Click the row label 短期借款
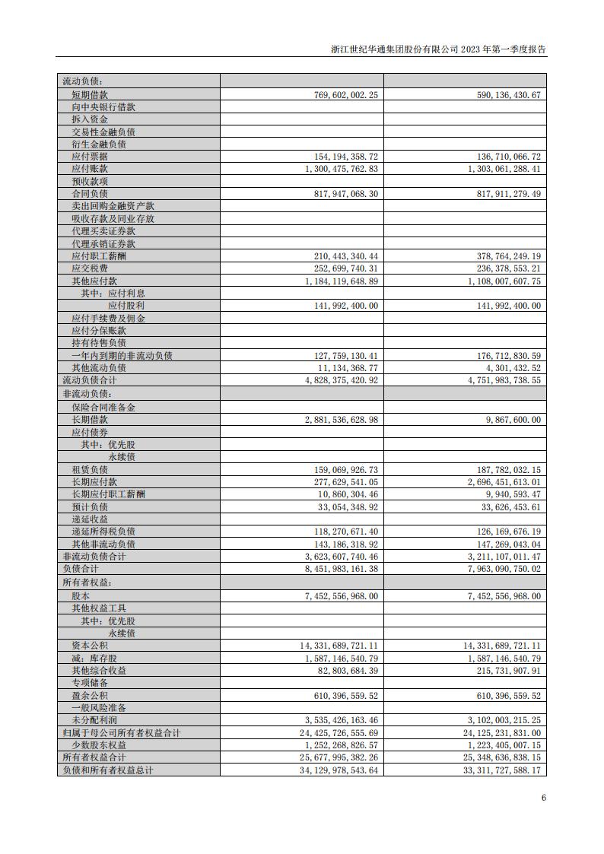click(x=90, y=94)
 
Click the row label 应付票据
click(x=90, y=156)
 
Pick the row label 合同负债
click(x=90, y=194)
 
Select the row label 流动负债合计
click(x=90, y=380)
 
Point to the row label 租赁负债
click(x=90, y=470)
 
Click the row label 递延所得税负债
click(x=103, y=532)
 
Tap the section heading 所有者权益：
click(x=86, y=583)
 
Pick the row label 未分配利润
click(x=94, y=720)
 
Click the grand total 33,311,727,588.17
click(x=496, y=770)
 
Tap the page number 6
click(x=543, y=798)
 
